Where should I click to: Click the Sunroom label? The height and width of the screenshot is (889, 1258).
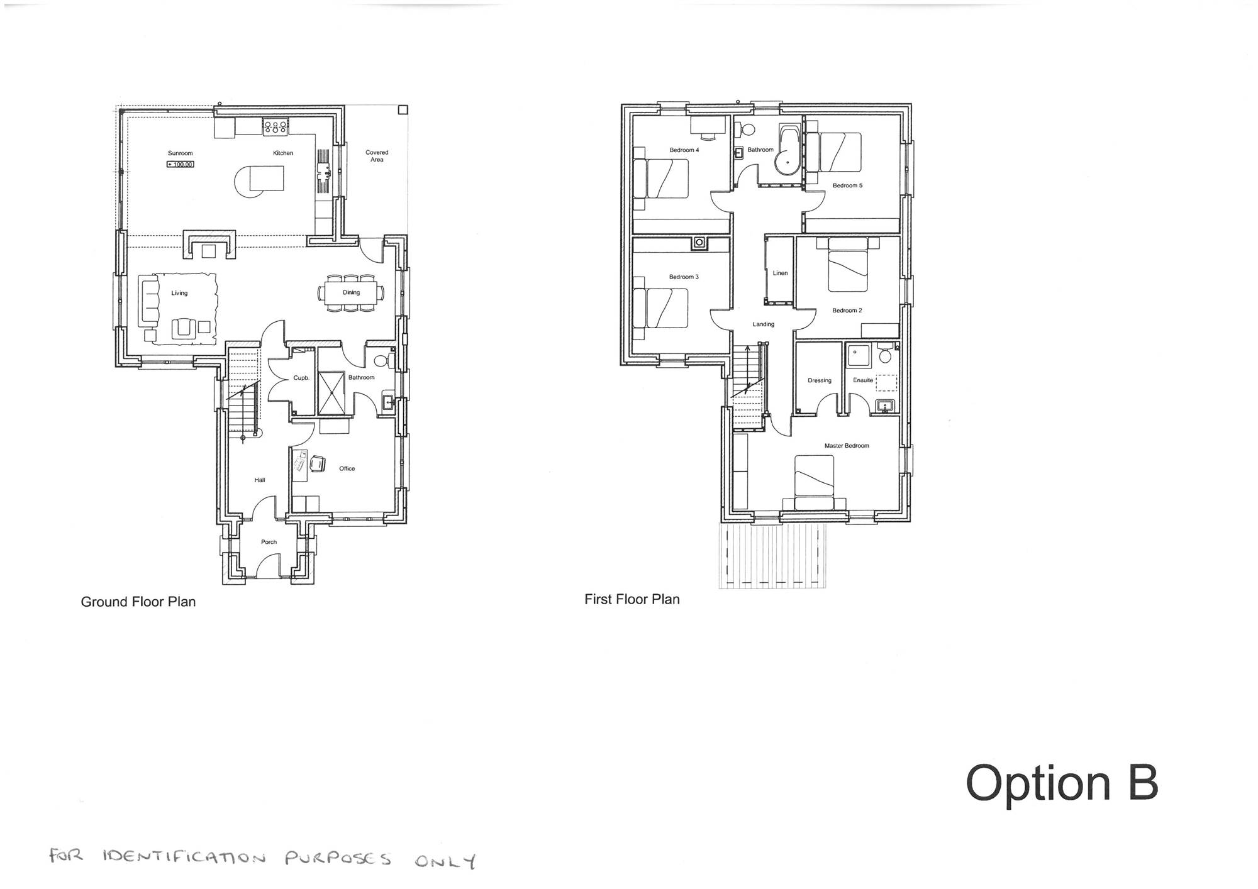click(180, 153)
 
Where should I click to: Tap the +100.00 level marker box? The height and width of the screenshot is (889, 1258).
click(181, 164)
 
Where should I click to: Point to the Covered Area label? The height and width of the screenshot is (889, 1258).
click(377, 156)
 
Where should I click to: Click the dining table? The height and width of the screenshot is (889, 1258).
click(351, 292)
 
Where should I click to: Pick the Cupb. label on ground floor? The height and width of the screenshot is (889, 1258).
click(301, 378)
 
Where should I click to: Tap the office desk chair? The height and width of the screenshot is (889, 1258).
click(317, 463)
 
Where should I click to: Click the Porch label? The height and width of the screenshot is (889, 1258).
click(269, 542)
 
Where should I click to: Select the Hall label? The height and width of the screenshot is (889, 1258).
click(260, 480)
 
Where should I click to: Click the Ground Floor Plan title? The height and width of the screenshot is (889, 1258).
click(138, 602)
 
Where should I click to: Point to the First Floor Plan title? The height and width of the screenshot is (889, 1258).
click(632, 599)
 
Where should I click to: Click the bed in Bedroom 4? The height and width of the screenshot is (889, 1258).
click(660, 179)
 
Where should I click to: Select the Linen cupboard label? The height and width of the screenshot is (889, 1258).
click(780, 273)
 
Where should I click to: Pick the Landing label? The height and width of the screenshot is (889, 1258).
click(764, 324)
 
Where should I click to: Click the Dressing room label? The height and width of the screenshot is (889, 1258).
click(820, 380)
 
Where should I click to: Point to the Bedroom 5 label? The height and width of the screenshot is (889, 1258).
click(848, 185)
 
